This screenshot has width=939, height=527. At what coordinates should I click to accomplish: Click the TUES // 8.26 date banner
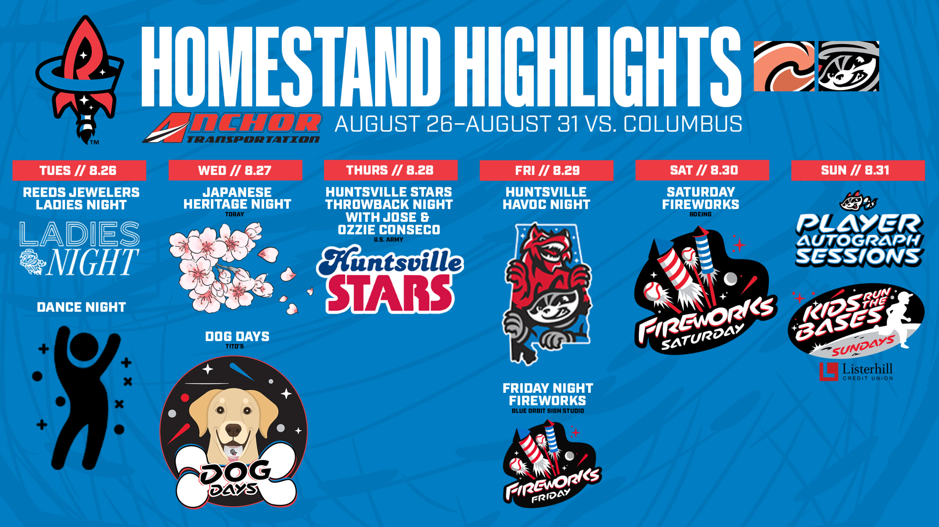click(x=79, y=170)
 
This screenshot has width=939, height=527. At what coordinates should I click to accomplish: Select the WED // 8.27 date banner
click(x=235, y=170)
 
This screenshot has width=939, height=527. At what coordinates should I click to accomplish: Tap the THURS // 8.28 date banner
click(x=390, y=170)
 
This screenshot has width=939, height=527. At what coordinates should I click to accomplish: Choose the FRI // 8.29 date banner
click(x=546, y=170)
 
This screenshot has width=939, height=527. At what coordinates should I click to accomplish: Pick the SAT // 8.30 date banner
click(x=702, y=170)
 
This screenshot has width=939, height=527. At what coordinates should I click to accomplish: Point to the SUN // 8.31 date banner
click(x=858, y=170)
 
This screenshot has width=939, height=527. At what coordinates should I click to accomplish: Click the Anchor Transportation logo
click(x=232, y=127)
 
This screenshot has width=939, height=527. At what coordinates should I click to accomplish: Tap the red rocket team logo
click(x=81, y=80)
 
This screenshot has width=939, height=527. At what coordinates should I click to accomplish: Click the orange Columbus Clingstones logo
click(x=784, y=66)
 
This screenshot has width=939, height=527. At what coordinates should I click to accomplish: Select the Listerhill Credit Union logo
click(x=856, y=372)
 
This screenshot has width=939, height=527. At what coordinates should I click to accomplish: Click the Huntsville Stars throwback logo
click(x=390, y=279)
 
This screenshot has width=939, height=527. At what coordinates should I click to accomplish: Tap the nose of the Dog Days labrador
click(x=233, y=430)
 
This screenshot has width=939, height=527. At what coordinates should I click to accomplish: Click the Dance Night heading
click(x=81, y=307)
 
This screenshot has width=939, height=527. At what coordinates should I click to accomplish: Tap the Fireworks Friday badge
click(x=552, y=464)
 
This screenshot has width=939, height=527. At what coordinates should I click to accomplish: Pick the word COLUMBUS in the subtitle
click(x=683, y=124)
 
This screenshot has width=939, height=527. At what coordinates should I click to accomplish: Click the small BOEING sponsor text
click(x=700, y=214)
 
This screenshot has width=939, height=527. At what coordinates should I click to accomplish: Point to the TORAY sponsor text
click(x=235, y=214)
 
